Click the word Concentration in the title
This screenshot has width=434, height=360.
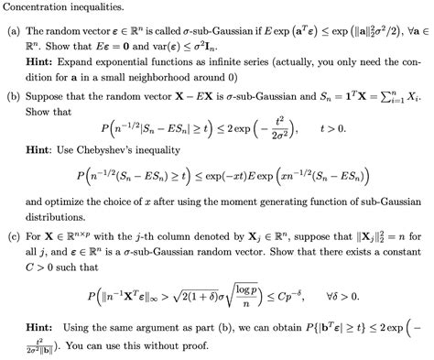point(38,9)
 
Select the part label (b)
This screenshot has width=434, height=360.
point(15,93)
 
